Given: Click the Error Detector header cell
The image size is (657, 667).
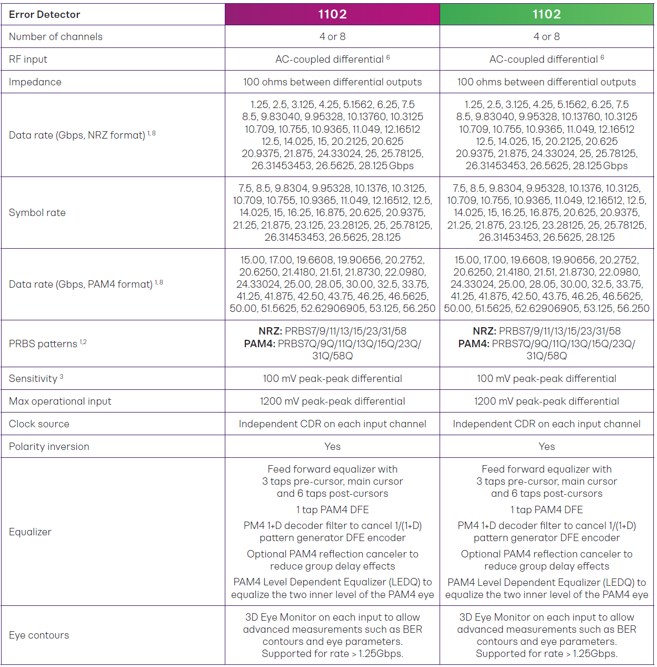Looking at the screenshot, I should coord(45,15).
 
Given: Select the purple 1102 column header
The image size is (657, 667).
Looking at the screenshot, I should coord(332,14).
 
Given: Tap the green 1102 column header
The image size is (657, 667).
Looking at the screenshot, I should coord(546,14).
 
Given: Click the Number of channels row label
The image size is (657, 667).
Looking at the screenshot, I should coord(56,37).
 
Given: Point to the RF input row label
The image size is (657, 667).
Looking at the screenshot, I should coord(28,60).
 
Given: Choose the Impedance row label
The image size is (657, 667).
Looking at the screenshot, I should coord(35,82).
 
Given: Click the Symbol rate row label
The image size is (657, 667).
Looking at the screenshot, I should coord(37,213).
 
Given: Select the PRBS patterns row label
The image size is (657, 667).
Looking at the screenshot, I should coord(43,344).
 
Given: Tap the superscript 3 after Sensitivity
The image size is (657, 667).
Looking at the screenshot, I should coord(62,377).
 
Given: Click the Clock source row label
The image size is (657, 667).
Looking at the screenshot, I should coord(39,424).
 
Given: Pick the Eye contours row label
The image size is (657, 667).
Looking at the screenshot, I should coord(39,635).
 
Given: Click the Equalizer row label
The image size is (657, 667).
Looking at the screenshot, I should coord(30,532).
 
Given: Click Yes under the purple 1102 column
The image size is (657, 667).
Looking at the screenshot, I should coord(332,447).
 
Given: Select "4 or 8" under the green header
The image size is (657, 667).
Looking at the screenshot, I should coord(546,37).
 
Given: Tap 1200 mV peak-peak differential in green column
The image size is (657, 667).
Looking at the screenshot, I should coord(546,401).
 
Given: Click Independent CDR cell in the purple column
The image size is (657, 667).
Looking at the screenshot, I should coord(332,424).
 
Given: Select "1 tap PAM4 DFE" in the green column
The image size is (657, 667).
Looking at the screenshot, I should coord(546,510).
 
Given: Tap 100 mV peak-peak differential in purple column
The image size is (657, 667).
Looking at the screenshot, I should coord(332,379).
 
